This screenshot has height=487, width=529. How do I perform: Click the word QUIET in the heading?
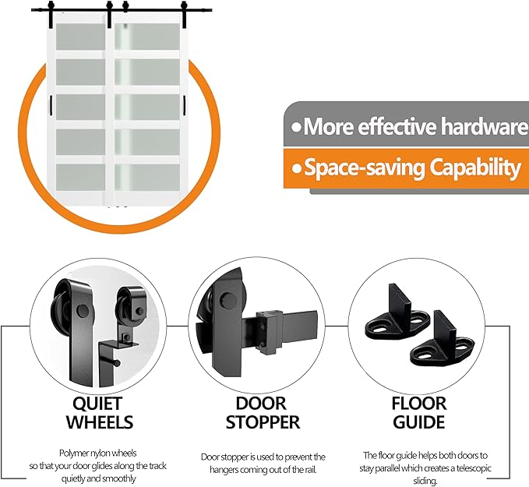tap(97, 404)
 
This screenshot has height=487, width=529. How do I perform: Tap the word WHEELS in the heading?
tap(100, 422)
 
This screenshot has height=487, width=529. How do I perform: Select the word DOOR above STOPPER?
tap(261, 404)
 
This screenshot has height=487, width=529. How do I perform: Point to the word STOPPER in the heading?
tap(263, 422)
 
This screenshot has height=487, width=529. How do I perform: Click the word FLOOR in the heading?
tap(419, 404)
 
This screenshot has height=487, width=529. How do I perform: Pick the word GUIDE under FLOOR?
tap(419, 422)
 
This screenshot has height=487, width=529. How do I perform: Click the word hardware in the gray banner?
tap(485, 126)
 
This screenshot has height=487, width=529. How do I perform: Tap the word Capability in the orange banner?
tap(475, 168)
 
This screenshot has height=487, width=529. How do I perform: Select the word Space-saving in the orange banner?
tap(365, 168)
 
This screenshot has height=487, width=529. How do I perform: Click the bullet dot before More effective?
tap(296, 128)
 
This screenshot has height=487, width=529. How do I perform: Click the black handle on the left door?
tap(51, 105)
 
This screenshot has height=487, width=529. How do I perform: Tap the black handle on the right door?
tap(185, 105)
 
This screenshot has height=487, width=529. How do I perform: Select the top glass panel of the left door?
tap(80, 37)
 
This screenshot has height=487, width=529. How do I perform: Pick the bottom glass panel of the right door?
tap(147, 177)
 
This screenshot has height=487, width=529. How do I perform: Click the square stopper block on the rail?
tap(269, 332)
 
